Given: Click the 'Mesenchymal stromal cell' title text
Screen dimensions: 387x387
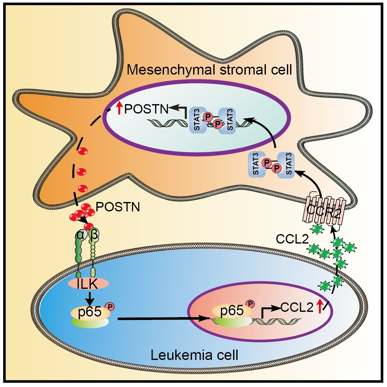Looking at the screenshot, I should pos(209,70).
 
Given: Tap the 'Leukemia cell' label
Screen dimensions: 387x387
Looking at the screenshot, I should pos(194,355).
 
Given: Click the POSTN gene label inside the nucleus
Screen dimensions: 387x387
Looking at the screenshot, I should pos(147,109).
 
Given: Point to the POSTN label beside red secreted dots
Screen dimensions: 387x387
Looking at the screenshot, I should pos(118,207).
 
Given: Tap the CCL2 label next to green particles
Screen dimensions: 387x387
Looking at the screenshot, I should pos(292,239).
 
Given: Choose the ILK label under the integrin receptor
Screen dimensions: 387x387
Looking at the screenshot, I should pos(88,283).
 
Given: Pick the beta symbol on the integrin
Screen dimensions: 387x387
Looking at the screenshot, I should pos(93,235).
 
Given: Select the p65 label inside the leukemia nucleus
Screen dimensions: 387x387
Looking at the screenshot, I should pos(232,311).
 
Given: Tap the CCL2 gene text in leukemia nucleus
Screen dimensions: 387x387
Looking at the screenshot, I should pos(297,307).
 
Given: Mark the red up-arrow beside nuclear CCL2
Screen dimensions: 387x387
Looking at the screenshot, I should pos(320,306).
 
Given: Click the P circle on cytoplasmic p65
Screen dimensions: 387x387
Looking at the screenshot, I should pos(110,306).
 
